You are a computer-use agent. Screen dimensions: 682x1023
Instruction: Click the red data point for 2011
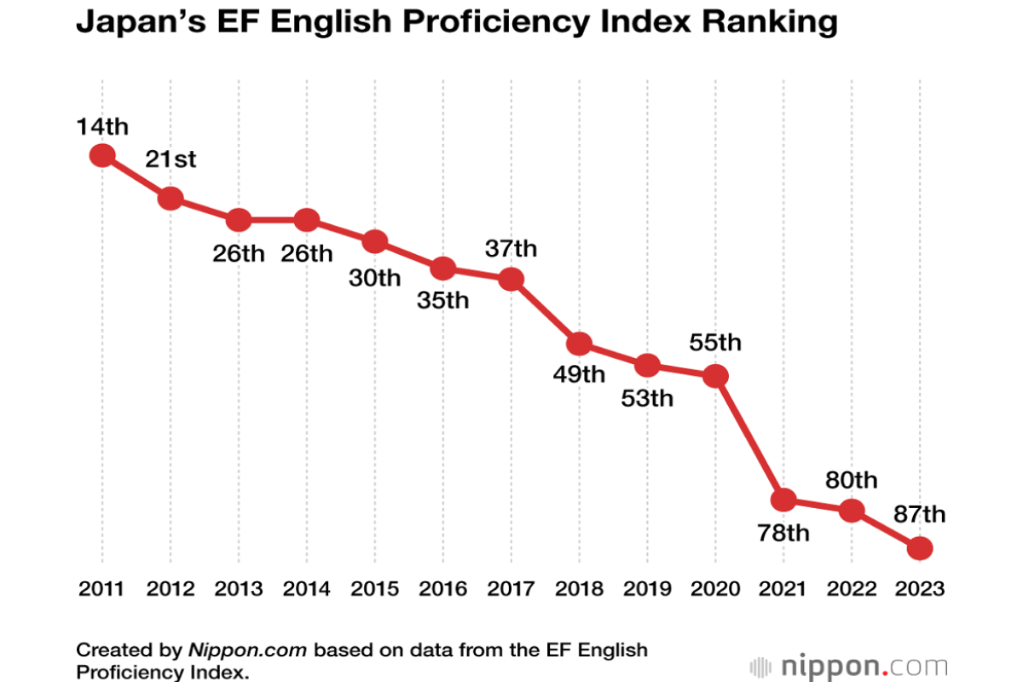(102, 155)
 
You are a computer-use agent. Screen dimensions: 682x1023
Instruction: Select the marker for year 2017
(511, 279)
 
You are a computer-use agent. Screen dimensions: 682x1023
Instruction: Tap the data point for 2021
(783, 500)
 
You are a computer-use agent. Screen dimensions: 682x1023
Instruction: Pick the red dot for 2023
(919, 548)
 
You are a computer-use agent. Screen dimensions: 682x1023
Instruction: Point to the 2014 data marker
(306, 220)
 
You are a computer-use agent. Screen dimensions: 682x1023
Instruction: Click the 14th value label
(102, 127)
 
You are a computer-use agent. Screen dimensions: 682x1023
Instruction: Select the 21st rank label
(170, 159)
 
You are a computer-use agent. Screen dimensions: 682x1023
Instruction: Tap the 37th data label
(511, 248)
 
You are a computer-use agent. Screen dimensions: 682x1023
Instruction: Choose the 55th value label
(716, 343)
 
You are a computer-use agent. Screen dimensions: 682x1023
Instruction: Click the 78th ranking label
(783, 534)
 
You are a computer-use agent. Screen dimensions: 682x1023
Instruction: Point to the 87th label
(920, 514)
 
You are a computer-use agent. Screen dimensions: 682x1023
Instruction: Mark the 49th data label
(579, 374)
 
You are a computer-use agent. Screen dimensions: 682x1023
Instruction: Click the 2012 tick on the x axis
(170, 589)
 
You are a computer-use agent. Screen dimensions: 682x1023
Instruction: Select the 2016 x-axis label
(442, 589)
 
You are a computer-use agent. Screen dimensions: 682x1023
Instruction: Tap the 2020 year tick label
(715, 589)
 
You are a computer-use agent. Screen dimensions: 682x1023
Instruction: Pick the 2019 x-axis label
(647, 589)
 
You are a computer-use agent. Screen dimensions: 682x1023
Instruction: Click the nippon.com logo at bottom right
(848, 666)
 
